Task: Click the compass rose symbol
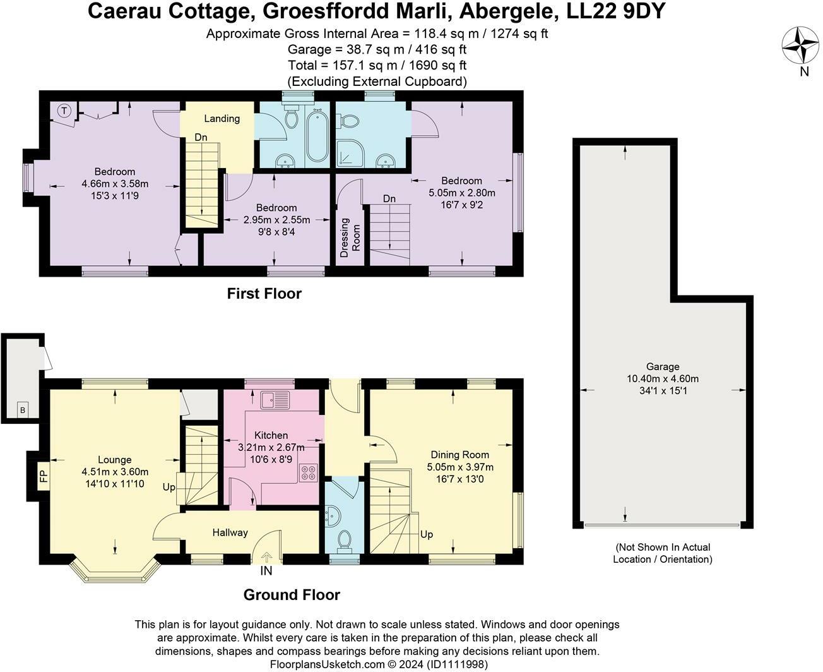tap(800, 45)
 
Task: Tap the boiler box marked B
tap(23, 409)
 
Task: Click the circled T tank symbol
tap(64, 111)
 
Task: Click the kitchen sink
tap(275, 400)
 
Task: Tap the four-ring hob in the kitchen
tap(309, 472)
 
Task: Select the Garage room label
tap(663, 366)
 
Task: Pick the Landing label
tap(222, 118)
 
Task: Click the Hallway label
tap(230, 532)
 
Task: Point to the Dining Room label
tap(460, 454)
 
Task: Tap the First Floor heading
tap(264, 293)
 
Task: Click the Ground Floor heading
tap(292, 595)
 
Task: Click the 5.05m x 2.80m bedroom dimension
tap(462, 193)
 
